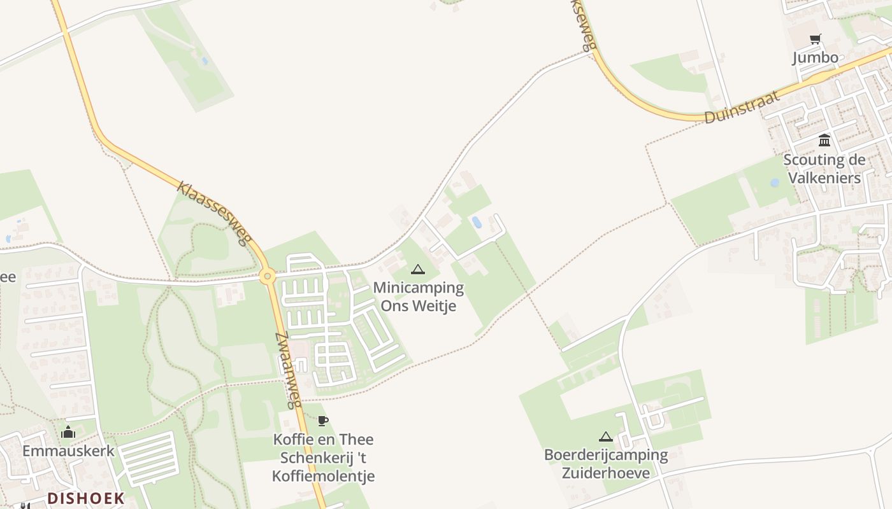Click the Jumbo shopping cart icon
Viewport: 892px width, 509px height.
coord(815,39)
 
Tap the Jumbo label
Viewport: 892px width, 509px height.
coord(815,58)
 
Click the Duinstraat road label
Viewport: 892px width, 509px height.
coord(742,108)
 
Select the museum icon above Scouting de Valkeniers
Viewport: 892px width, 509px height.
coord(824,140)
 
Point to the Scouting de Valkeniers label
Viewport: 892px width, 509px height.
coord(824,169)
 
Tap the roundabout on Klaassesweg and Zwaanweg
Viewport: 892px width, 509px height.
coord(268,276)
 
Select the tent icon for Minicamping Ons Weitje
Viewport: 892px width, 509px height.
coord(417,269)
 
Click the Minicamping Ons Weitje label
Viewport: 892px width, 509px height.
coord(419,296)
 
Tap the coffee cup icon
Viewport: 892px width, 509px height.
coord(323,421)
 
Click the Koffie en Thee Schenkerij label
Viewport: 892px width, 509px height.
coord(324,457)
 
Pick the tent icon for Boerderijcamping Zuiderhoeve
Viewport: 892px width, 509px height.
coord(605,437)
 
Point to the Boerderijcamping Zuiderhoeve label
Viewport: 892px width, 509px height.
coord(605,464)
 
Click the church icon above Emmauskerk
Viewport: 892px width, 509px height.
coord(68,433)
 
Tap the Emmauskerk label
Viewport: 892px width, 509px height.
coord(68,451)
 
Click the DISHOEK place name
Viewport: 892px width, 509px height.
coord(86,498)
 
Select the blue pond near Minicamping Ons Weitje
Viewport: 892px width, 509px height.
coord(477,222)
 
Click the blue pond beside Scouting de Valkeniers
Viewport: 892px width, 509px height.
coord(775,183)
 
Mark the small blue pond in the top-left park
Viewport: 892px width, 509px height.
coord(204,61)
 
